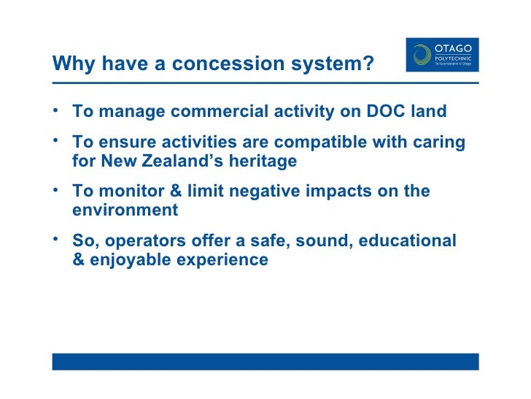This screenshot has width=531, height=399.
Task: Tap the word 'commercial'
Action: coord(228,112)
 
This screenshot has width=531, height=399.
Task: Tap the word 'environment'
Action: coord(125,210)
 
